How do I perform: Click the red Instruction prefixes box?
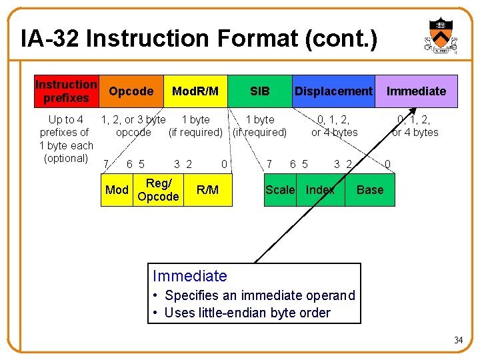pos(66,91)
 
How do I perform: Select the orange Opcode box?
pos(131,91)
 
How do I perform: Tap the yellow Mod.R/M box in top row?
pos(195,91)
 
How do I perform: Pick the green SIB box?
pos(259,91)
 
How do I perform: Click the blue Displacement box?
pos(333,91)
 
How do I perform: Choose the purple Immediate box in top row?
pos(417,91)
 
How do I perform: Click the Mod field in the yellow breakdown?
pos(117,190)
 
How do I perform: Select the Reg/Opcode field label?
pos(158,190)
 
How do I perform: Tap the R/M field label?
pos(207,190)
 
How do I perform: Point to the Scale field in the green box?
pos(280,190)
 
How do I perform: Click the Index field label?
pos(320,190)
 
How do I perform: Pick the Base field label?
pos(370,190)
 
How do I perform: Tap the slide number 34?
pos(458,341)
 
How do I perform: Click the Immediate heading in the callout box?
pos(190,276)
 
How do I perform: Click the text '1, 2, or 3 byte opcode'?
pos(133,126)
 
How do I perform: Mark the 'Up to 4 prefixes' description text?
pos(66,139)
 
